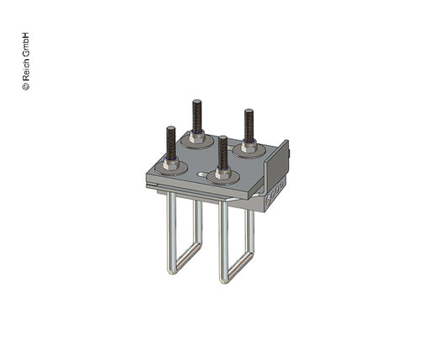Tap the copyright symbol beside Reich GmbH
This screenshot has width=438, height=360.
tap(26, 86)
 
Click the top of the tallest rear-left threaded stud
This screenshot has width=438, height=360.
tap(196, 102)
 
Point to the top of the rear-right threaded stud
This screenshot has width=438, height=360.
tap(248, 111)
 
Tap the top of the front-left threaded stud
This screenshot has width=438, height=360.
tap(171, 129)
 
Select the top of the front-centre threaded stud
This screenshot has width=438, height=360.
tap(223, 137)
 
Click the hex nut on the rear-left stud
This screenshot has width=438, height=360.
tap(197, 137)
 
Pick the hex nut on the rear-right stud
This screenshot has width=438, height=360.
tap(249, 146)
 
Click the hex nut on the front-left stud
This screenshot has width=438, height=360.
tap(171, 164)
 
